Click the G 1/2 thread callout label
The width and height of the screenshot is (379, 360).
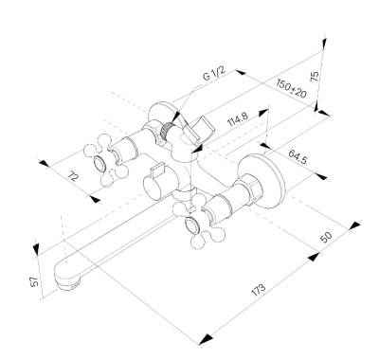coord(214,74)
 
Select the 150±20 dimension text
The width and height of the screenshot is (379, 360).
coord(291,88)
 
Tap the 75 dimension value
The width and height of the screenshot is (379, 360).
coord(315,77)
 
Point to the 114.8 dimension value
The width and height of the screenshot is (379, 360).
coord(238,118)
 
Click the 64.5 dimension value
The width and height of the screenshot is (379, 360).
coord(298,156)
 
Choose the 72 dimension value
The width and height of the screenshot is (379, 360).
coord(73,176)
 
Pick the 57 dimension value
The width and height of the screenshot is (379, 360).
coord(35,281)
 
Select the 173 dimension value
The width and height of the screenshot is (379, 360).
coord(259,290)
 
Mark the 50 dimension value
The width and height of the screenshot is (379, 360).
coord(326,237)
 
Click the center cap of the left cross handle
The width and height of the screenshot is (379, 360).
coord(99,164)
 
